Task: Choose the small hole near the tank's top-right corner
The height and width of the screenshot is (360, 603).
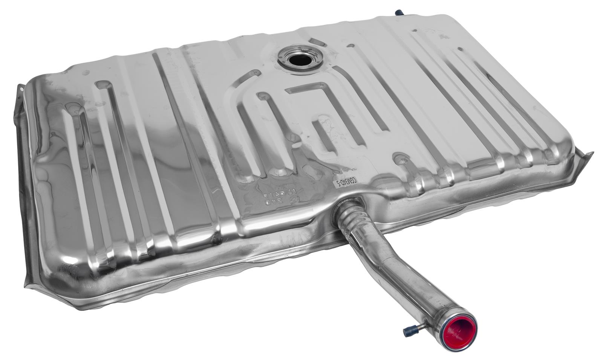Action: click(460, 49)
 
